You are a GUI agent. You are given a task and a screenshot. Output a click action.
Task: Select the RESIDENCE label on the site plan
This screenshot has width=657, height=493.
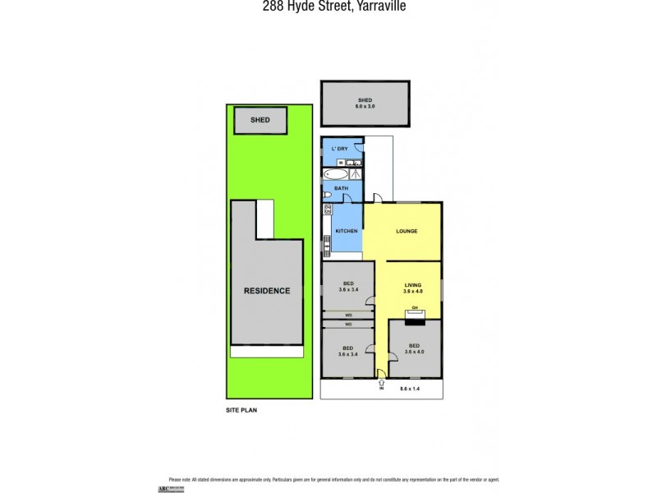pos(266,291)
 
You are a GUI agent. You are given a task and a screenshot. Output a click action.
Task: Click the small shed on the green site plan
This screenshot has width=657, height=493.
pos(261,121)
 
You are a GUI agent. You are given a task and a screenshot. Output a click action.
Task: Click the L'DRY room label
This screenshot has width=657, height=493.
pos(340,148)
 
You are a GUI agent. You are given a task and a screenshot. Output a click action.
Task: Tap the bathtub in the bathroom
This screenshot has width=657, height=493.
pos(335,175)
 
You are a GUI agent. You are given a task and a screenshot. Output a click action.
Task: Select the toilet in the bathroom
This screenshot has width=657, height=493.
pos(327,195)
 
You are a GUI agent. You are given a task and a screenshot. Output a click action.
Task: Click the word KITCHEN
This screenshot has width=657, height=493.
pos(346,231)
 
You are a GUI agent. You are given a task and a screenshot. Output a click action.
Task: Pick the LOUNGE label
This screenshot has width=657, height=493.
pos(407,231)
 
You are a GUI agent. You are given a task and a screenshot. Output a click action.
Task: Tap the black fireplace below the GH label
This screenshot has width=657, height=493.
pos(416,314)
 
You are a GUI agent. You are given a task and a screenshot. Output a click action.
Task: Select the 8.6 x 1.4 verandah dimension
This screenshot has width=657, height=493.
pos(411,388)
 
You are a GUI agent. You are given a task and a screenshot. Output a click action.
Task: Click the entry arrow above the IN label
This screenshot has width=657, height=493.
pos(381,379)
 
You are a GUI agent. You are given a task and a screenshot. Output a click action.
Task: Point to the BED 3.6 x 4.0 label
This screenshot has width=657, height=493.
pos(415,348)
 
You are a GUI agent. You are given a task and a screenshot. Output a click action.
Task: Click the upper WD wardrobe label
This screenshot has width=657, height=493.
pos(348,315)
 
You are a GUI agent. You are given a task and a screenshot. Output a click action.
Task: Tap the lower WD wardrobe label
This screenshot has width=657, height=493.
pos(348,324)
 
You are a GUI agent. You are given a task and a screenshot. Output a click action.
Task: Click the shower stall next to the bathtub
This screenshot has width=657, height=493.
pos(356,174)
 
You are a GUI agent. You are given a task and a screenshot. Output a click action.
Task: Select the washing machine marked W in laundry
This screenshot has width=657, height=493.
pos(340,163)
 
